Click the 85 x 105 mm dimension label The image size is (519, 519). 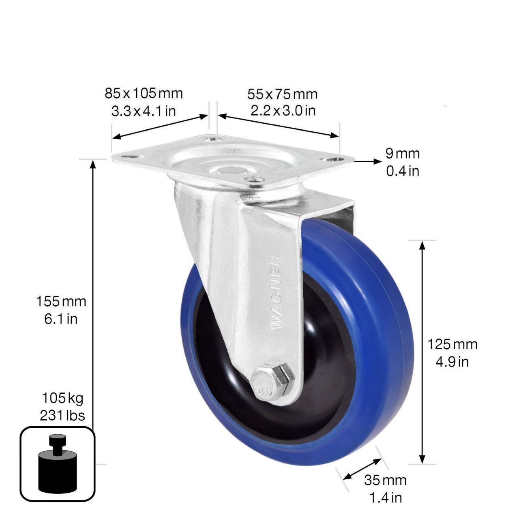click(144, 93)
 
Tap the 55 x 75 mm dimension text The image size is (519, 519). click(282, 94)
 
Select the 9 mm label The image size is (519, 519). click(402, 154)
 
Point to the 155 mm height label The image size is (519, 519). click(61, 301)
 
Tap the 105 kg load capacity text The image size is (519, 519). click(62, 398)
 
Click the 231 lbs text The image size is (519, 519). click(62, 415)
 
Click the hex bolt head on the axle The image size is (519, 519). click(272, 377)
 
